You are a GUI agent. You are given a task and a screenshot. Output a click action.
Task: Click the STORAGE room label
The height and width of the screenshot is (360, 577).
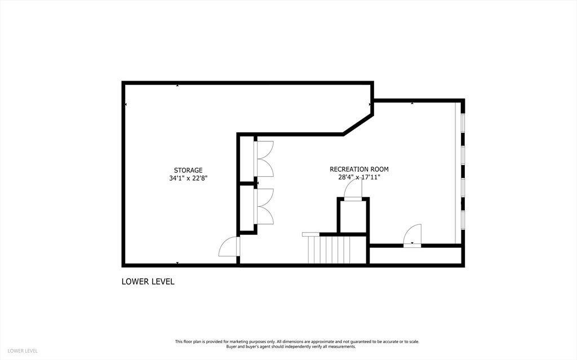pos(188,171)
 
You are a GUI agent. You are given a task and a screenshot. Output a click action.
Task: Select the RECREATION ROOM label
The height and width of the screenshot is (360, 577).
pos(359,170)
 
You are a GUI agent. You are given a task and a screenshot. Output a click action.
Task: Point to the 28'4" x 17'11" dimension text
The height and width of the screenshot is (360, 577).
pos(359,177)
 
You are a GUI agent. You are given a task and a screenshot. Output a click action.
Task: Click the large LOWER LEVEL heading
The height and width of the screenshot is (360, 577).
pos(148,282)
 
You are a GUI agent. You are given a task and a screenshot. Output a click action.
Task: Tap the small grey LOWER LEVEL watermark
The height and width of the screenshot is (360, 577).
pos(23,351)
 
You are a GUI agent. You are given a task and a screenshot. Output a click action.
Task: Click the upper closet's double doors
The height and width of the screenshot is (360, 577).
pos(264,159)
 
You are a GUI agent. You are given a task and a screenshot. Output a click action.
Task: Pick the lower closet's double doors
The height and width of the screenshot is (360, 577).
pos(264,206)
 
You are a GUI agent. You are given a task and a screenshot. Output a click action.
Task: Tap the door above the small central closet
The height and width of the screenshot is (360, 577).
pos(353,190)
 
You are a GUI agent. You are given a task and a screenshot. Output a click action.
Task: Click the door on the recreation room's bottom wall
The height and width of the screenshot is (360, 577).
pos(412,235)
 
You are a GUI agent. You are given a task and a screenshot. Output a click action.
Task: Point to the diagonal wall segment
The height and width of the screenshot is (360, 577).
pos(358,125)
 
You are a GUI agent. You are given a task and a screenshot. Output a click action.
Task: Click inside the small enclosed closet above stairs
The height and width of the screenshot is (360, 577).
pos(353,216)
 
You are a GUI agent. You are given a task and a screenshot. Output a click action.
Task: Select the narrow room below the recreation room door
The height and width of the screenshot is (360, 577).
pos(415,255)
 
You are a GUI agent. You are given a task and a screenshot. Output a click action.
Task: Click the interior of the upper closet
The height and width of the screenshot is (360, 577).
pos(247,159)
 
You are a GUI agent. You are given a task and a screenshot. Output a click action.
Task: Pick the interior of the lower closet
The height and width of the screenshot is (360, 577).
pos(247,208)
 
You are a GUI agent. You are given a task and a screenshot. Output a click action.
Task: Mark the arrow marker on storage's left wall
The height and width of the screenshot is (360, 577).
pos(126,105)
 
